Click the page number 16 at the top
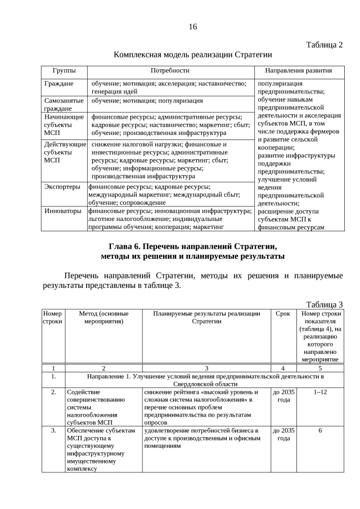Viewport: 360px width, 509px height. pos(193,27)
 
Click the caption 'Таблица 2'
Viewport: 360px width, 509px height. pos(324,44)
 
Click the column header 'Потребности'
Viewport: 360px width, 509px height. pos(169,71)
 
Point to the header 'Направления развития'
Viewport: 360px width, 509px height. pos(298,71)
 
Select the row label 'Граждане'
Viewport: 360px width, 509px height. pos(58,83)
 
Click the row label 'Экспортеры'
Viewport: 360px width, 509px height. pos(62,186)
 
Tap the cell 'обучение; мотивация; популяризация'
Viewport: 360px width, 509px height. pos(147,101)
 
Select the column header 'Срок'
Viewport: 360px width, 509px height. pos(283,313)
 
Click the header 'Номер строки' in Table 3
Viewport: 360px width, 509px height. pos(53,317)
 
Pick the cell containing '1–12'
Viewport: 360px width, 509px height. pos(319,392)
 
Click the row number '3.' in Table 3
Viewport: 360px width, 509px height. pos(53,430)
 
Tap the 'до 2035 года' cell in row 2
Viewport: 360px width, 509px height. pos(283,396)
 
